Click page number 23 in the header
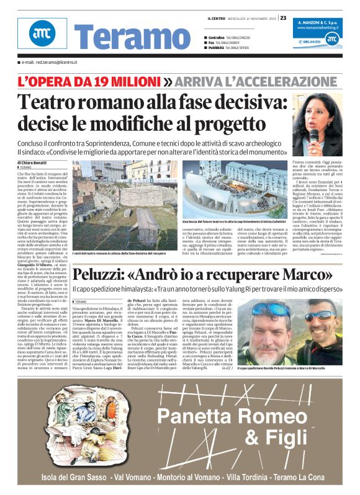tap(283, 17)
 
